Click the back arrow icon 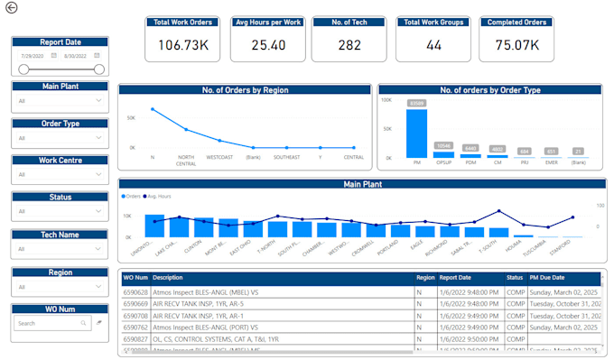(x=11, y=8)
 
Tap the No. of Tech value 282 (x=349, y=44)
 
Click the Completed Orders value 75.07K (x=516, y=44)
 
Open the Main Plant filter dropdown (x=60, y=101)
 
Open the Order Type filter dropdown (x=60, y=138)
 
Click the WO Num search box (x=49, y=322)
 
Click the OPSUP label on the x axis (x=443, y=163)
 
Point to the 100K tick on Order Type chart (x=386, y=99)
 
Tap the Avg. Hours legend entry (x=159, y=195)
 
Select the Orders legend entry (x=132, y=195)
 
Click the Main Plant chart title (x=361, y=184)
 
